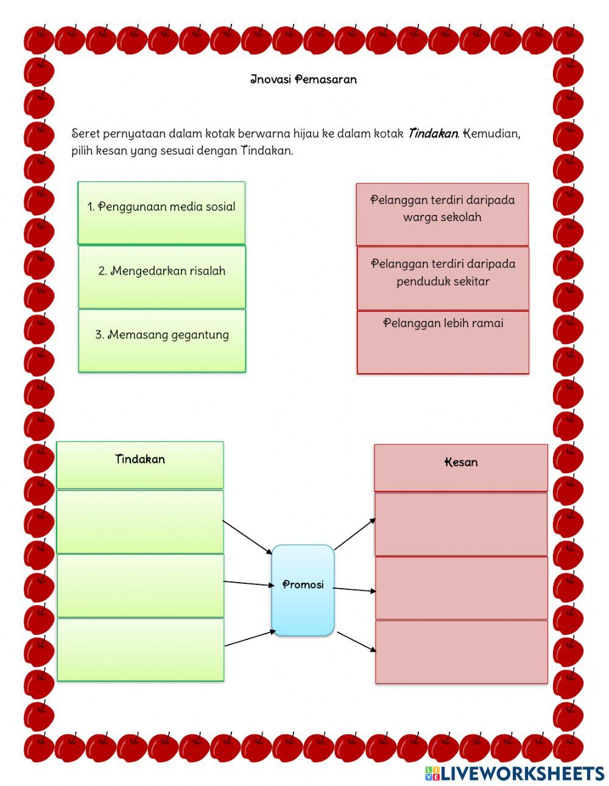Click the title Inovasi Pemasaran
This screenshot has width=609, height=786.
[303, 80]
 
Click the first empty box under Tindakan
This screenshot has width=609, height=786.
[140, 522]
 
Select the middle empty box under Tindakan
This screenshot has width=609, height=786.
[140, 586]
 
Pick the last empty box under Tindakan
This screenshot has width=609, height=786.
[140, 650]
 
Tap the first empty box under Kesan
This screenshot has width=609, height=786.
[461, 524]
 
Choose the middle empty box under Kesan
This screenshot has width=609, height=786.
[461, 588]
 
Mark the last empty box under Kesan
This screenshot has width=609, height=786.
[461, 652]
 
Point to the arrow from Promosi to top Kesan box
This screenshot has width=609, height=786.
[355, 534]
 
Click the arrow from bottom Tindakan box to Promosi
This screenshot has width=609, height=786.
[250, 638]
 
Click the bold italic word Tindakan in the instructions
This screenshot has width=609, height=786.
[433, 133]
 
